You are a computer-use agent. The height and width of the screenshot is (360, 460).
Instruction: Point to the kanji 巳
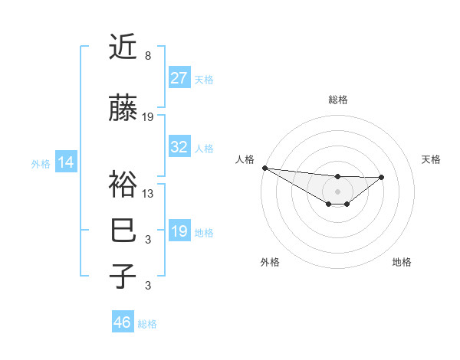pos(122,230)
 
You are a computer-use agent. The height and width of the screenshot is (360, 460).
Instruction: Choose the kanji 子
pos(122,276)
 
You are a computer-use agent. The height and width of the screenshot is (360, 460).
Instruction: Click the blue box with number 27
pos(179,78)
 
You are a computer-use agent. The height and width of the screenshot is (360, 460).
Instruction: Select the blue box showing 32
pos(179,147)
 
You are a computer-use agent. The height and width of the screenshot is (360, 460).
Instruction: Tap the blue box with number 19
pos(179,231)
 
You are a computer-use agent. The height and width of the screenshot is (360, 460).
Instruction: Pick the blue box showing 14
pos(65,162)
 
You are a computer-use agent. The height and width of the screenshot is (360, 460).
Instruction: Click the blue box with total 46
pos(123,322)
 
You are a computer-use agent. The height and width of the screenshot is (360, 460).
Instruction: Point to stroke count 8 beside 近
pos(147,56)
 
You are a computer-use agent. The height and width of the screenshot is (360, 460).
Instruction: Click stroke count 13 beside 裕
pos(148,193)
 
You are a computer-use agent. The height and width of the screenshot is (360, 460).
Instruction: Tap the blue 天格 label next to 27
pos(204,79)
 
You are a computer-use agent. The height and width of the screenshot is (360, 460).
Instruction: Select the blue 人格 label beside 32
pos(204,148)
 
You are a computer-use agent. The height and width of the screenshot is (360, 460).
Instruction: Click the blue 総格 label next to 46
pos(147,323)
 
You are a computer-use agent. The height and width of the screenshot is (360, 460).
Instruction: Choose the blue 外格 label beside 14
pos(41,163)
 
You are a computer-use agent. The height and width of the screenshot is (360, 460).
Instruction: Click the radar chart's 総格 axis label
pos(337,100)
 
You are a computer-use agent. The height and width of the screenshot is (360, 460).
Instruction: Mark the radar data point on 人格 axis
pos(264,168)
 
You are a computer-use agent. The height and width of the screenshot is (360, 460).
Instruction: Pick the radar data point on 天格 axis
pos(382,177)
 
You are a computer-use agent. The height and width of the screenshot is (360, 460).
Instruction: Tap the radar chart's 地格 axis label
pos(402,262)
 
